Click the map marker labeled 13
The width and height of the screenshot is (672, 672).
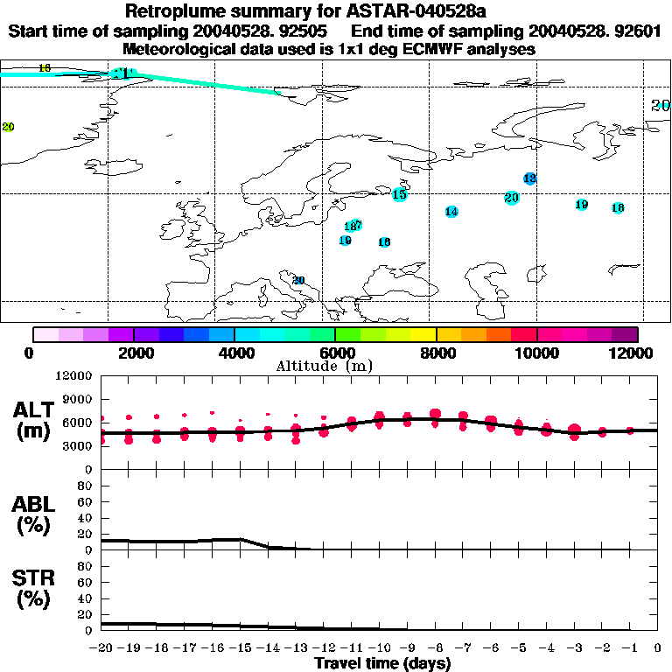529,178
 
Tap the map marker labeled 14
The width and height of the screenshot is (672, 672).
451,212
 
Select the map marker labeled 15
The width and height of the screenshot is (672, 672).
400,194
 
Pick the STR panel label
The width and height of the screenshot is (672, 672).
34,588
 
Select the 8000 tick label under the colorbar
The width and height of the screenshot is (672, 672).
436,353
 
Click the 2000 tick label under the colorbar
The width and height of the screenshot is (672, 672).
133,353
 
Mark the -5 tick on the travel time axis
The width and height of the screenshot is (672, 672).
518,648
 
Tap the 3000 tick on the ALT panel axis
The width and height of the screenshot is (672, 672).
80,446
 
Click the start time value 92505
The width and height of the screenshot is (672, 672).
297,31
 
